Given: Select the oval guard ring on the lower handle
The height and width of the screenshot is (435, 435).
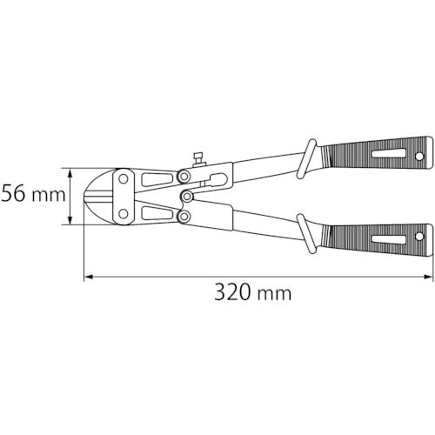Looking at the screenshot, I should (308, 232).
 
